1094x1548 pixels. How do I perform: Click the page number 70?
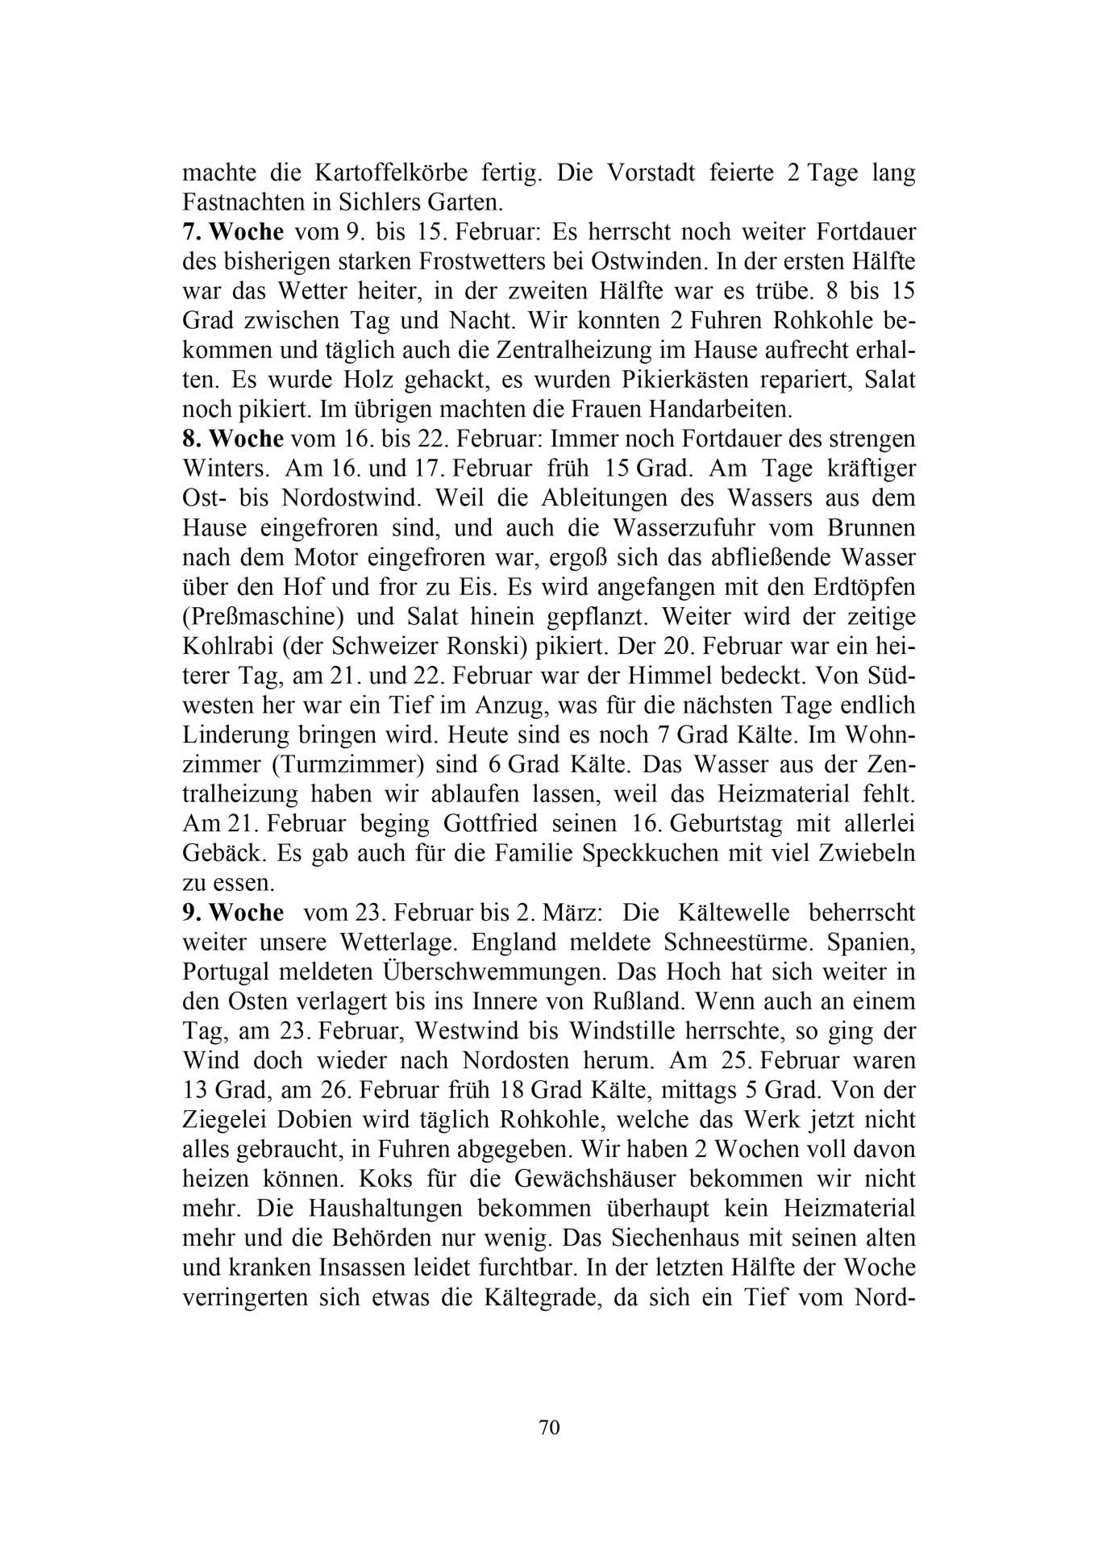(x=548, y=1427)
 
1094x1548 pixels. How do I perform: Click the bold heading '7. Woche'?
(x=233, y=232)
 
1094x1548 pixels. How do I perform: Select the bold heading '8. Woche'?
(x=233, y=439)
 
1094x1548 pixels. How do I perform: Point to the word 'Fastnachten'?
(x=232, y=203)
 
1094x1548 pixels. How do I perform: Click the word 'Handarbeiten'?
(x=709, y=410)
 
